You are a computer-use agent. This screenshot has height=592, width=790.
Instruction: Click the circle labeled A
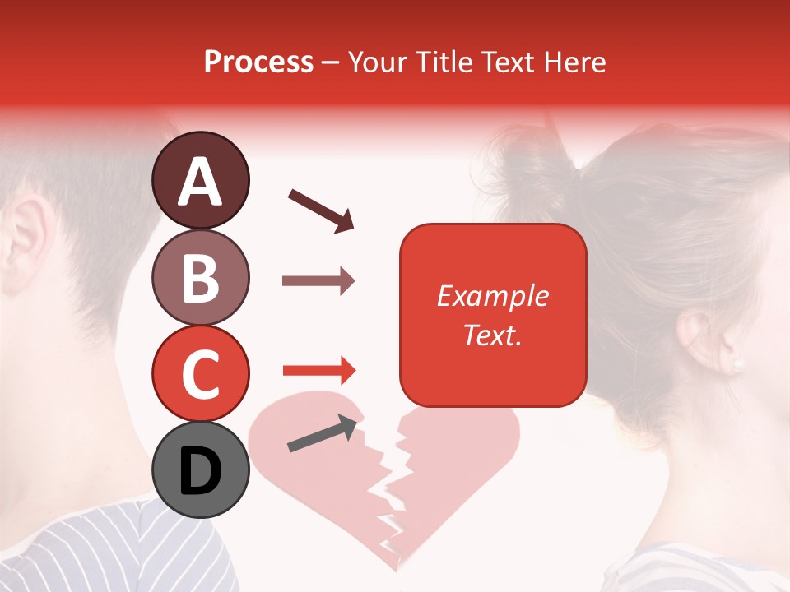[x=201, y=180]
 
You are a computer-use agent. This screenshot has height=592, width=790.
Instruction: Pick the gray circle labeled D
[x=201, y=469]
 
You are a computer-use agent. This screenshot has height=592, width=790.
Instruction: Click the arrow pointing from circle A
[x=321, y=210]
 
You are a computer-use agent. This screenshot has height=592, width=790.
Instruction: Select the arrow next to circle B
[x=318, y=281]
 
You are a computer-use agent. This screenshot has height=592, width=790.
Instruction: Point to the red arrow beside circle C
[x=318, y=371]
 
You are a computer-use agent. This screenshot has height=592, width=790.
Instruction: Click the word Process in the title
[x=258, y=62]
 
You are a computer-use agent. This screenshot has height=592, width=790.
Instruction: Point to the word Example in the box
[x=492, y=296]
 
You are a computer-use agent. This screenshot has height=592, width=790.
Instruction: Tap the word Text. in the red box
[x=492, y=335]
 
